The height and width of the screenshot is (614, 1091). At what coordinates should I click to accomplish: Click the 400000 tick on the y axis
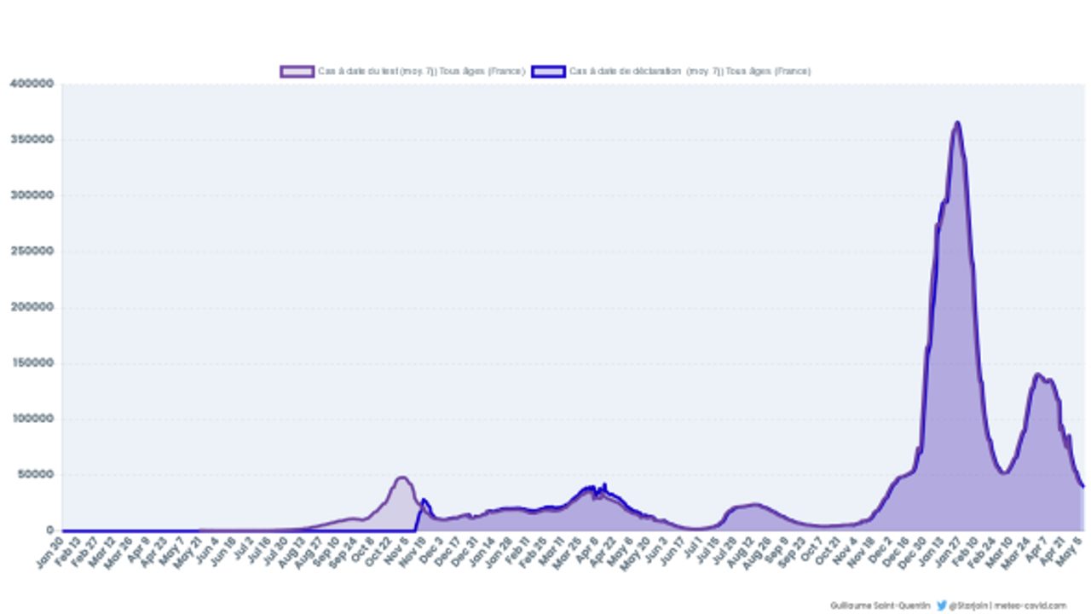pos(32,84)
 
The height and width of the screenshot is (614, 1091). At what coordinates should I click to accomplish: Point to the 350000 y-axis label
pos(32,139)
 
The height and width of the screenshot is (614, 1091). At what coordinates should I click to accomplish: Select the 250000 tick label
pos(32,252)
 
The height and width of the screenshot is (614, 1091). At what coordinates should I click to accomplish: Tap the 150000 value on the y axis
pos(32,363)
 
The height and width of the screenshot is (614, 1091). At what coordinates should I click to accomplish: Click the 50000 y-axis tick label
pos(35,475)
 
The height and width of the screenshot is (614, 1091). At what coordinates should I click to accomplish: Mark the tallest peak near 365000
pos(957,123)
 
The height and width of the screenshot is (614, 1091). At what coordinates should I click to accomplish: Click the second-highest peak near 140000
pos(1038,374)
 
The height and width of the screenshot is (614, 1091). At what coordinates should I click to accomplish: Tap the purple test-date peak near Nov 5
pos(401,478)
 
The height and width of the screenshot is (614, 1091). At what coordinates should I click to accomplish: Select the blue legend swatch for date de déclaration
pos(548,72)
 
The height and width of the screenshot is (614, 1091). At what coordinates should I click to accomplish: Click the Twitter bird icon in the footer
pos(942,605)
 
